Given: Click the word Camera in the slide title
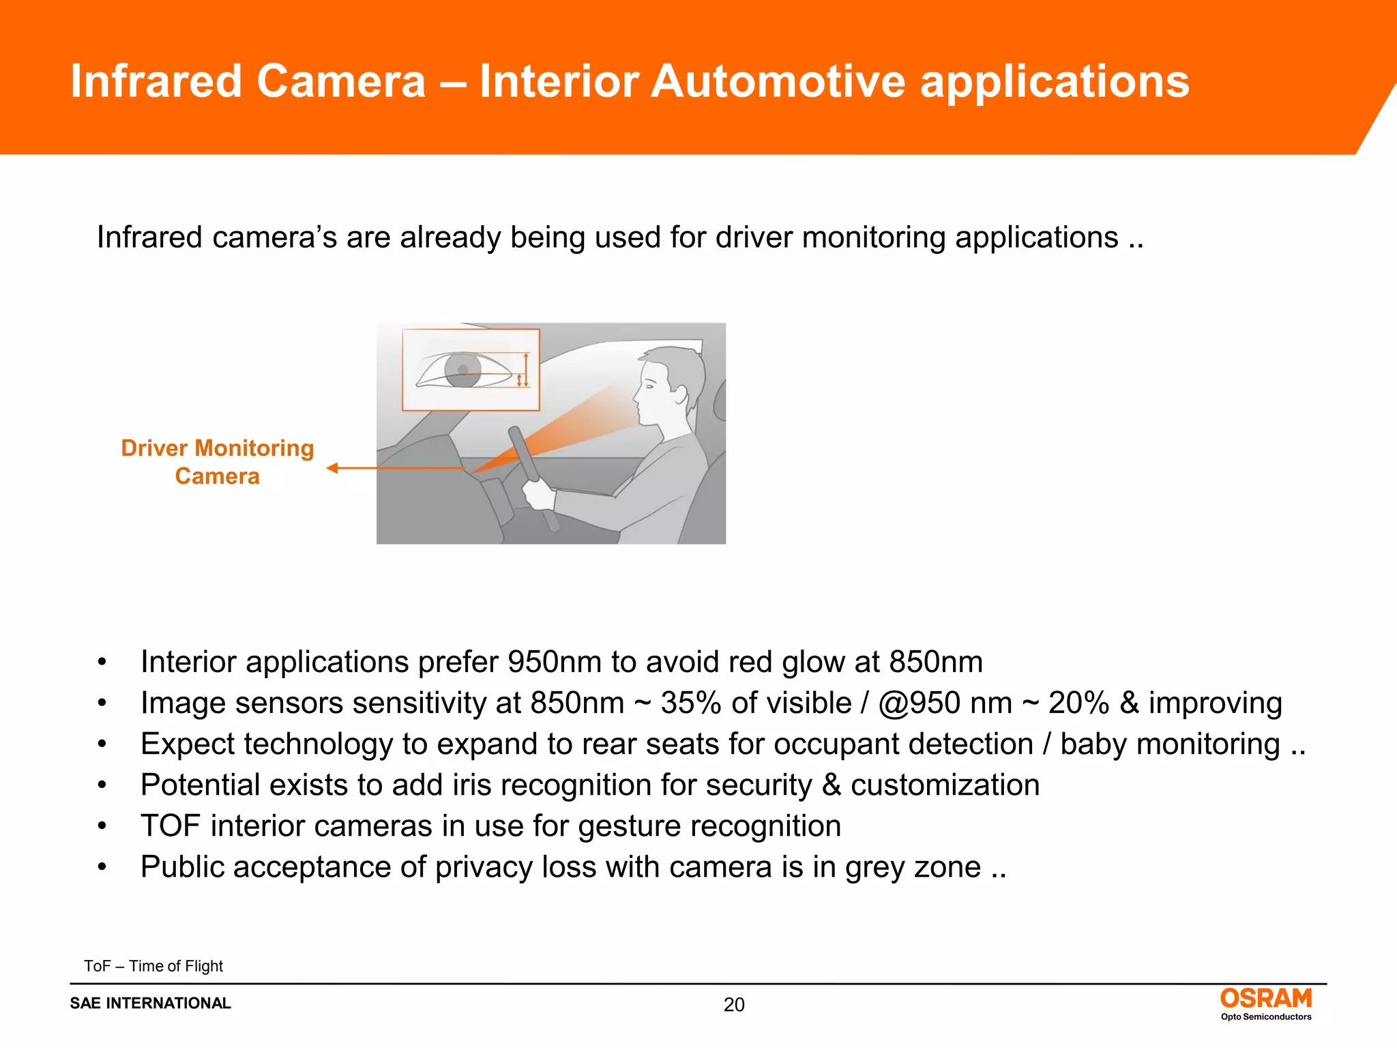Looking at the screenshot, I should [340, 82].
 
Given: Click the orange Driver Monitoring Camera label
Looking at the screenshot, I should [217, 462].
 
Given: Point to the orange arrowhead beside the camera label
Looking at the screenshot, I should [333, 468].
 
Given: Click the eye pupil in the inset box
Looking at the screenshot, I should [463, 370].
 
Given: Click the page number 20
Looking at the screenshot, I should [734, 1004].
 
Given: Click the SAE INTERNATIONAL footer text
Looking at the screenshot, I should [151, 1003].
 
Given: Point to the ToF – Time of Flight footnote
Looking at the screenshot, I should [153, 966].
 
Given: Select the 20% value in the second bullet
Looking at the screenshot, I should [1078, 703].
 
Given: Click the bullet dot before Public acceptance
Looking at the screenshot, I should [102, 867].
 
